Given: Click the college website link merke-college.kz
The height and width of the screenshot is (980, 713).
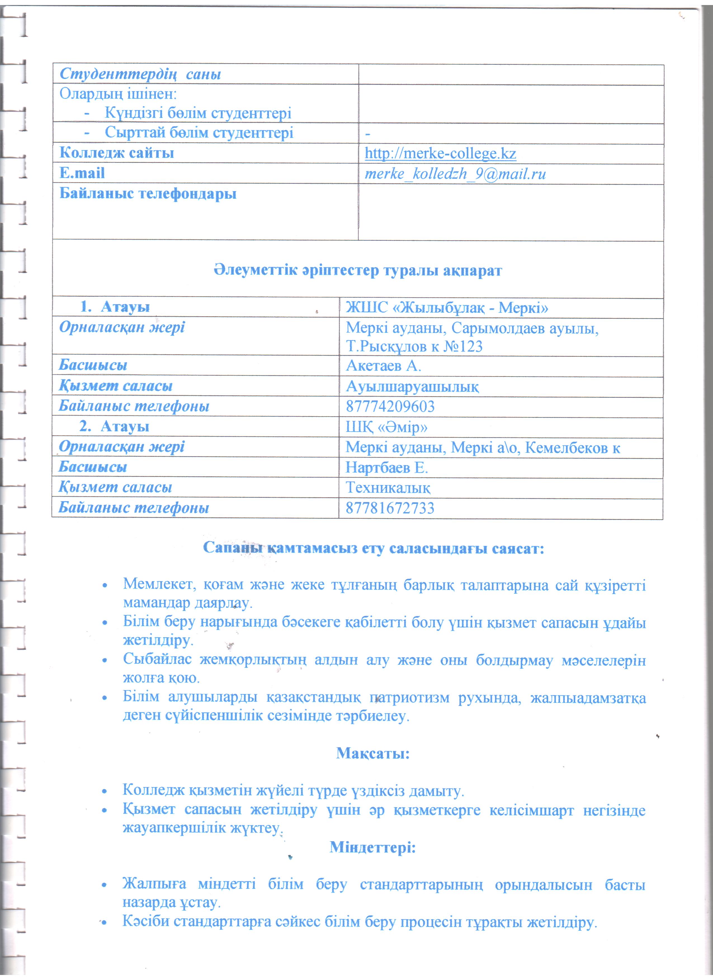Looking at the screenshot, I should point(440,154).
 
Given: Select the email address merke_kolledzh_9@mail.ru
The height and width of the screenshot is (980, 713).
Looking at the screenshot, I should point(455,174).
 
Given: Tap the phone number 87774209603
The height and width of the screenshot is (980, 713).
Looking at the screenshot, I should point(390,406).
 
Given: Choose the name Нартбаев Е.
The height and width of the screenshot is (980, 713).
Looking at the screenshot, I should point(386,468).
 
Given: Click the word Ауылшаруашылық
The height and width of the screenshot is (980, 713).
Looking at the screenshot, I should point(412,387).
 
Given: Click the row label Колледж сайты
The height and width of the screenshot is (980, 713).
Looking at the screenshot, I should point(117,153).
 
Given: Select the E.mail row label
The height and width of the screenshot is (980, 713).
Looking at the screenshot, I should point(82,173).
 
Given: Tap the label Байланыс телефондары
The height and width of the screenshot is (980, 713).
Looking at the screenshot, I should point(148,194).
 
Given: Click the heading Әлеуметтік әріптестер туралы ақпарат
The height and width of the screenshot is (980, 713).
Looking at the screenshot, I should point(358,271).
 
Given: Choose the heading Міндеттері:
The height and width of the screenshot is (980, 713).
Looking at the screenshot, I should point(372,847).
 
